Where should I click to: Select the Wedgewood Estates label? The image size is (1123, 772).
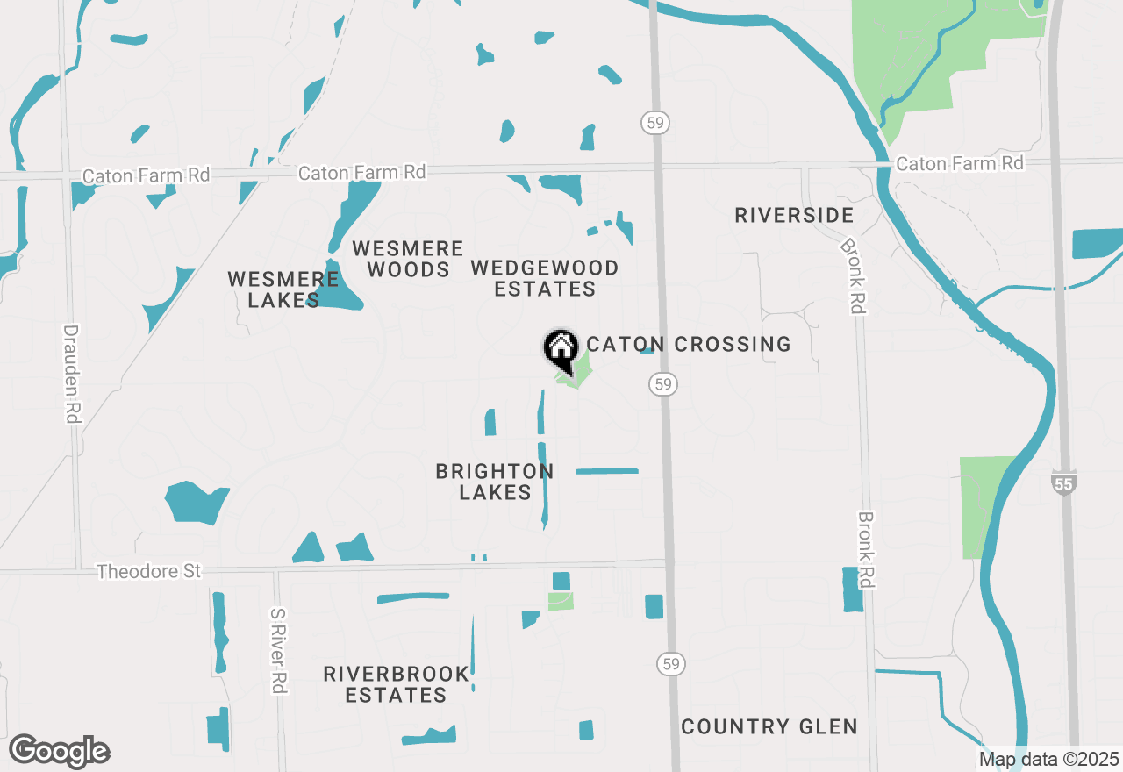(x=545, y=278)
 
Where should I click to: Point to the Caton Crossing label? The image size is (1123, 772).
(x=689, y=344)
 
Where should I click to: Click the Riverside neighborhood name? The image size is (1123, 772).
(x=794, y=215)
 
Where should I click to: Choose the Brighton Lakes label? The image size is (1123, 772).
(x=495, y=482)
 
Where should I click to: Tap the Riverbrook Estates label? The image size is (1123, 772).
(x=396, y=684)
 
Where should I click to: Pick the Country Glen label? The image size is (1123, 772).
(x=769, y=726)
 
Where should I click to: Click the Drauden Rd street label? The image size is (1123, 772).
(x=71, y=375)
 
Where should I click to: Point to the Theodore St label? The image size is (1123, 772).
(x=149, y=571)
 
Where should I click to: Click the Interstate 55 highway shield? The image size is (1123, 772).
(x=1063, y=482)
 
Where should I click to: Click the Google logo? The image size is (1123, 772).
(x=59, y=751)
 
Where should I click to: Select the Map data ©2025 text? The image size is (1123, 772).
(x=1048, y=759)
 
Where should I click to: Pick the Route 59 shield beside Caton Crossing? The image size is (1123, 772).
(x=664, y=383)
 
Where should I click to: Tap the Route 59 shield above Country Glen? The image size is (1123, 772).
(x=671, y=664)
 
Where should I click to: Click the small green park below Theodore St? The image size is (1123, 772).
(x=561, y=601)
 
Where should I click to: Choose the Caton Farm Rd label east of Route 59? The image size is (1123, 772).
(x=959, y=163)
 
